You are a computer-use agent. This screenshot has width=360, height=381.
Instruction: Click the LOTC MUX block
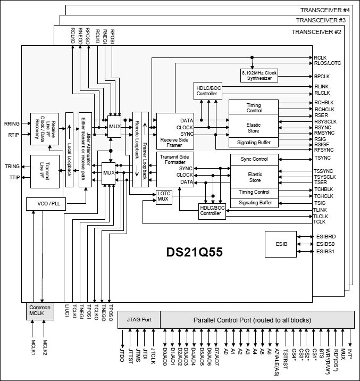point(163,196)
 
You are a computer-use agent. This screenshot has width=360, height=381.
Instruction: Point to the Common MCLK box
point(40,311)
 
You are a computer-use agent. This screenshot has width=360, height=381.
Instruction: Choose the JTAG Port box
point(139,320)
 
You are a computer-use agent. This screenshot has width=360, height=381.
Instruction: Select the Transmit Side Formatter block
point(175,168)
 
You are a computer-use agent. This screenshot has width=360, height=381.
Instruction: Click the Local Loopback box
point(69,150)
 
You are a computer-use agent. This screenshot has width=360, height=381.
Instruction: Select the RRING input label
point(11,123)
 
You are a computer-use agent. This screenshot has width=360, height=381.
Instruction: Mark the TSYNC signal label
point(322,159)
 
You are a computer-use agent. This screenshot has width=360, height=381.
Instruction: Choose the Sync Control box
point(254,159)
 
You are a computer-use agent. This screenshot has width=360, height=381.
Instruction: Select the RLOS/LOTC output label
point(327,62)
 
